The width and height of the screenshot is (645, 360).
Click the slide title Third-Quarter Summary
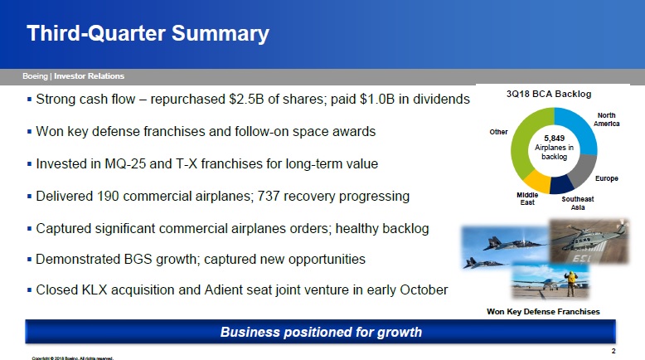(148, 33)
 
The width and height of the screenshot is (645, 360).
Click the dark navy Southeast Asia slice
(561, 185)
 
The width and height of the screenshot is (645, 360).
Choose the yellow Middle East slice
(537, 181)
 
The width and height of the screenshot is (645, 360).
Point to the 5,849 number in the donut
(554, 139)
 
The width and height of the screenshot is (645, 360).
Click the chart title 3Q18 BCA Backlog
(549, 95)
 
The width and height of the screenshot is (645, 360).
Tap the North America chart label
(606, 119)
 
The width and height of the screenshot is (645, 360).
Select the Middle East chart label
(527, 199)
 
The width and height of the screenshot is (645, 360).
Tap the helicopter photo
(589, 241)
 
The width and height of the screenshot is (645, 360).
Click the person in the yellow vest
(570, 284)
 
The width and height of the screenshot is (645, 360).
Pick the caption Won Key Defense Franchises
(543, 311)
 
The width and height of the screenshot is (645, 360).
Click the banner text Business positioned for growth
(321, 332)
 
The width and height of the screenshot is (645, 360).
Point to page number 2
(613, 351)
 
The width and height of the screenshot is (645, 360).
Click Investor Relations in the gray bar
(89, 76)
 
